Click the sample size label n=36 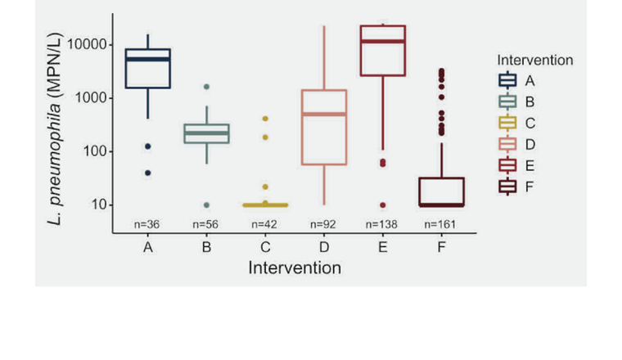point(147,223)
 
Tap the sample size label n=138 point(383,223)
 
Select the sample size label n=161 point(442,223)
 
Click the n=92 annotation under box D point(324,223)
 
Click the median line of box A point(147,59)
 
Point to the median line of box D point(324,114)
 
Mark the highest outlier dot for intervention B point(206,87)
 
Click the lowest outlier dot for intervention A point(147,173)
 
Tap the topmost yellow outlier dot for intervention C point(265,119)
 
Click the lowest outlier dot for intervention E point(383,205)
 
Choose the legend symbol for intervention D point(507,144)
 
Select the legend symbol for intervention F point(507,187)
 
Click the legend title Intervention point(534,60)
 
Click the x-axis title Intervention point(295,268)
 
